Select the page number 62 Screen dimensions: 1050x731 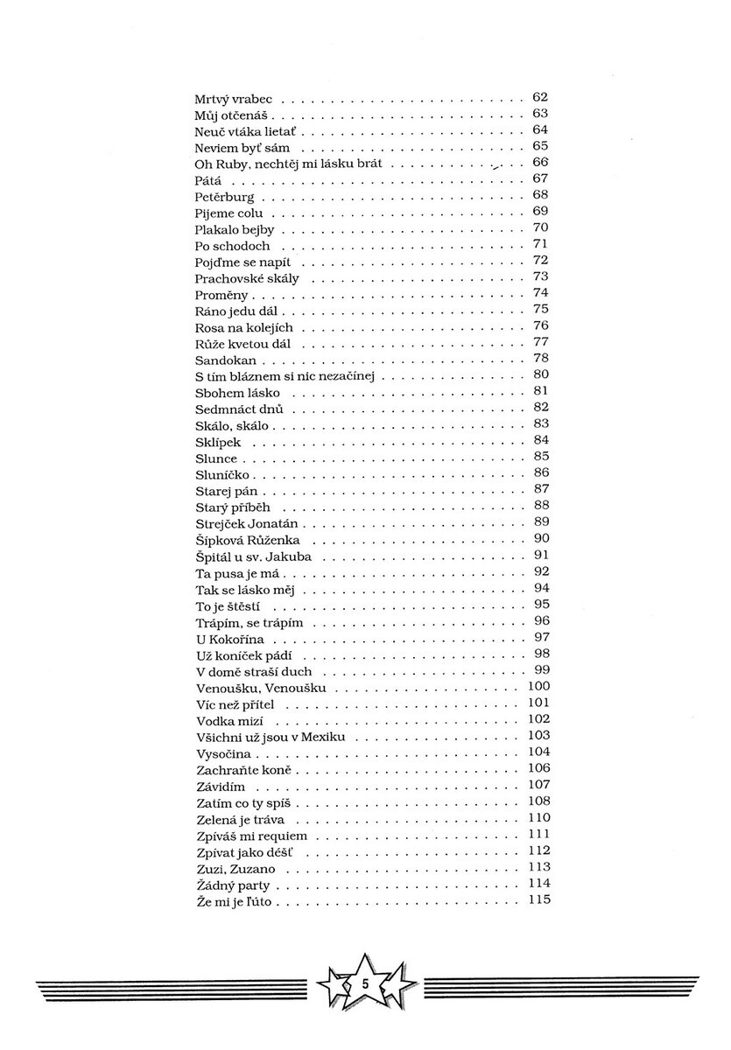pos(539,97)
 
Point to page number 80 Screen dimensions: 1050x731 pos(539,374)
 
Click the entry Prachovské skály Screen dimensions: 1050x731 pos(247,278)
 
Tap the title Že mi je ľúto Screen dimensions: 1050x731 pos(235,902)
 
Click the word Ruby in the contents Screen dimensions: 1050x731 pos(230,164)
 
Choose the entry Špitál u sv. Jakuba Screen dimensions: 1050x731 pos(253,556)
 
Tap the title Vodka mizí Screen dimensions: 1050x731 pos(229,721)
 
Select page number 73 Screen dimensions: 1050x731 pos(539,276)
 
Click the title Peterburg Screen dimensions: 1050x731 pos(224,197)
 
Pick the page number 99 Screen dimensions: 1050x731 pos(539,670)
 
